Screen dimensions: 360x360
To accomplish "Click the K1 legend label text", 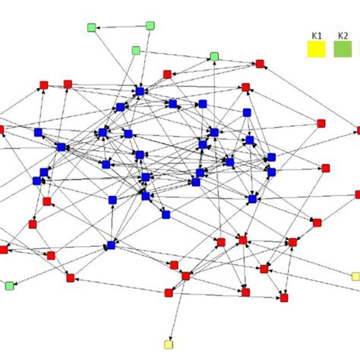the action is point(317,36).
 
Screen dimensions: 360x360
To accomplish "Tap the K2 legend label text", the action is point(343,36).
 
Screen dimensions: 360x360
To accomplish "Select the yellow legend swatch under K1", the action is point(317,49).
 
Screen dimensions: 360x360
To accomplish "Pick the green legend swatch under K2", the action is point(343,49).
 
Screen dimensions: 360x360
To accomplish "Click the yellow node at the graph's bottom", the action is point(169,345).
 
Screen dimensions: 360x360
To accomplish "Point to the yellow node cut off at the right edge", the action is point(356,276).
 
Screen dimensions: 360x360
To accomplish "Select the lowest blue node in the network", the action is point(111,245).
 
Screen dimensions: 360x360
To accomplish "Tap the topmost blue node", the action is point(140,91).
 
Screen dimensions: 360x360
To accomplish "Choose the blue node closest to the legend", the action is point(247,112).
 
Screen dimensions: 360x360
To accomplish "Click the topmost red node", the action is point(260,64).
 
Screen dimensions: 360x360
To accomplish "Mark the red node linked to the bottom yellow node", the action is point(186,276).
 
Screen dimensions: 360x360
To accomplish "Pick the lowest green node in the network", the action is point(10,286).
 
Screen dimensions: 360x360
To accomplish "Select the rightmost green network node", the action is point(214,56).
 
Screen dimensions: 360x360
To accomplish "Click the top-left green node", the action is point(92,27).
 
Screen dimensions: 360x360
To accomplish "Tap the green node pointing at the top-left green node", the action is point(150,26).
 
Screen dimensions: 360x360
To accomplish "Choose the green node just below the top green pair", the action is point(136,50).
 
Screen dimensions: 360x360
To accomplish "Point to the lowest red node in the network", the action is point(284,298).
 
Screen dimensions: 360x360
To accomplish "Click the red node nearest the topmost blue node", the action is point(167,74).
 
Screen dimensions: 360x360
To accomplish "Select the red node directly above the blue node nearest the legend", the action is point(245,87).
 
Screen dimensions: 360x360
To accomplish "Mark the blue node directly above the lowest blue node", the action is point(112,200).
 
